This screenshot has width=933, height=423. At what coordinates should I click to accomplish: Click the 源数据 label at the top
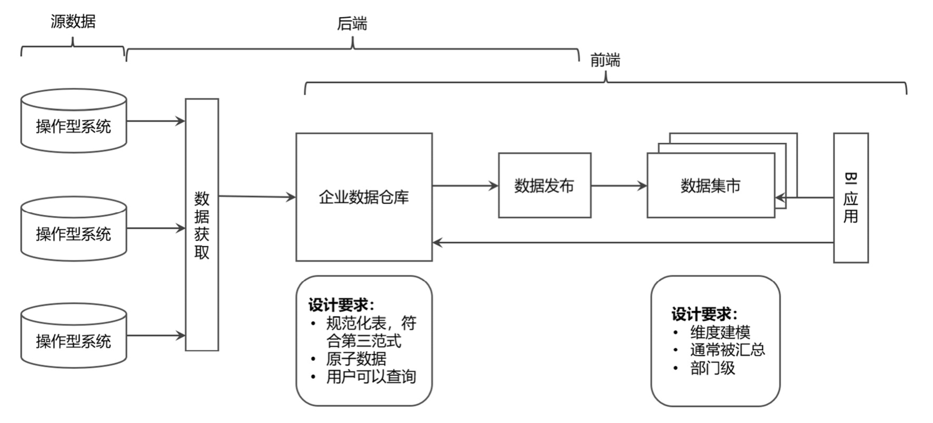point(73,22)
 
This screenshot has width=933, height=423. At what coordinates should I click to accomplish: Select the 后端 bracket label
point(352,24)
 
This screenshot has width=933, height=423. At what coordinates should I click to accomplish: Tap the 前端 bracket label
point(605,61)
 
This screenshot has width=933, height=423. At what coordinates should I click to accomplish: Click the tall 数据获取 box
point(202,225)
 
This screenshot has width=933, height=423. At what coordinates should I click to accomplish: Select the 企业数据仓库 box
point(364,197)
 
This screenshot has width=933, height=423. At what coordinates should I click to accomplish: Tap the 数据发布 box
point(544,185)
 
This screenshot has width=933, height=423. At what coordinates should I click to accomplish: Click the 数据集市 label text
point(710,185)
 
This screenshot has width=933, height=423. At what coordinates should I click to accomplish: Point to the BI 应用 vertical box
point(850,198)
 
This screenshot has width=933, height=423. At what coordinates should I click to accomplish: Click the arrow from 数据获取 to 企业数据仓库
point(257,196)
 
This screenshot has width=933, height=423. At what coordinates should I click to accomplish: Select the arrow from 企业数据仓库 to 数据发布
point(465,185)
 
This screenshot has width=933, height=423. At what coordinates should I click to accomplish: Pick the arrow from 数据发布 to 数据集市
point(619,185)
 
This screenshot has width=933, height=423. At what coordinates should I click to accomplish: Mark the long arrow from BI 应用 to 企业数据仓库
point(632,243)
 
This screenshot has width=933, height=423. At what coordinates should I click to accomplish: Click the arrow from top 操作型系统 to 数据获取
point(156,121)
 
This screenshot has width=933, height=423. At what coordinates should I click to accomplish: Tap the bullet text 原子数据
point(356,359)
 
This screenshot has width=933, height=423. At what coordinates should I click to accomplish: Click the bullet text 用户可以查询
point(371,377)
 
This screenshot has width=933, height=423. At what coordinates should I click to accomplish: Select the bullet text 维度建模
point(720,332)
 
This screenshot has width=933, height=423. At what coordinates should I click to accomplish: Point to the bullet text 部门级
point(712,368)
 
